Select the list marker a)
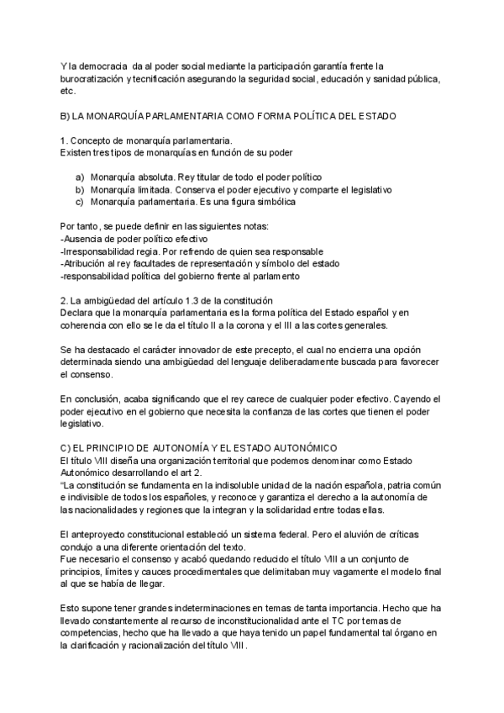(x=80, y=177)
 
